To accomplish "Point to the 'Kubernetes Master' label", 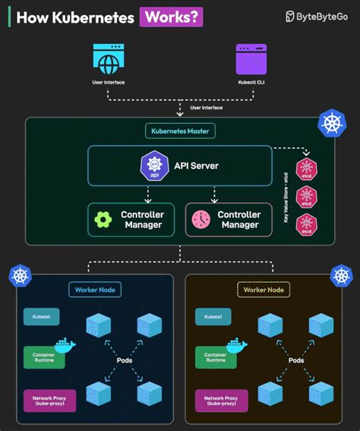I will coord(180,131).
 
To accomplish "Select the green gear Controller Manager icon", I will coord(103,220).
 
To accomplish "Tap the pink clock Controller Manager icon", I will coord(201,220).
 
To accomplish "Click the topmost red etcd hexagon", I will coord(305,168).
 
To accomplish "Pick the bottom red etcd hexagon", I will coord(305,226).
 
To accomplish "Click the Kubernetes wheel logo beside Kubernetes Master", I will coord(331,123).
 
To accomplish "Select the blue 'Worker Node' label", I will coord(93,290).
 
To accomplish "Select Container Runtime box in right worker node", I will coord(216,356).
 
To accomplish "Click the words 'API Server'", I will coord(193,166).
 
